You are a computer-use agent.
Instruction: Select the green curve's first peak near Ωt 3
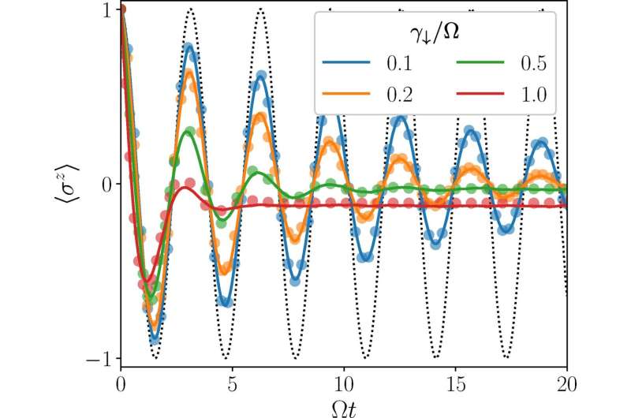187,131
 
